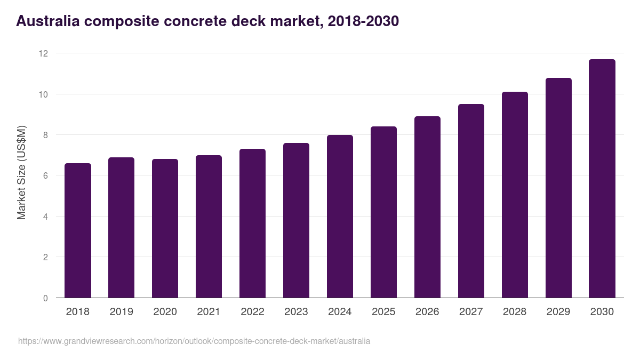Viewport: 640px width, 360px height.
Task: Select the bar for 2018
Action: point(78,230)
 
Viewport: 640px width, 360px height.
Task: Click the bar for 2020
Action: point(165,228)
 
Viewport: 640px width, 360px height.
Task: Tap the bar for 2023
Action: point(297,220)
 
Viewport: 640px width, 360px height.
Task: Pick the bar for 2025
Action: point(384,212)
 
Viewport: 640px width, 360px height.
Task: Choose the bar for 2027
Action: point(471,201)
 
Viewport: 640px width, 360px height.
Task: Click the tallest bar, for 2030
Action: point(602,179)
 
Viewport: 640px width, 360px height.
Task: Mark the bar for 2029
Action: point(558,188)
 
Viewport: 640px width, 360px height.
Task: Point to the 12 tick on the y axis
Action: point(43,53)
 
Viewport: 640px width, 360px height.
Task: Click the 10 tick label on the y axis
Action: point(43,94)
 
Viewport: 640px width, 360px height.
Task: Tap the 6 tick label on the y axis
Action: point(45,175)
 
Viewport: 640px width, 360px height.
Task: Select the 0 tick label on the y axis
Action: point(45,298)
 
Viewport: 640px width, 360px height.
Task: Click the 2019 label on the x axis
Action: point(122,312)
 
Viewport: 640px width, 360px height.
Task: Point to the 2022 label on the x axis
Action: point(253,312)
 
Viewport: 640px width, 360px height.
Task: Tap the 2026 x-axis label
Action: point(428,312)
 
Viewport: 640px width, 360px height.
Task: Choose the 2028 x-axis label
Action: point(515,312)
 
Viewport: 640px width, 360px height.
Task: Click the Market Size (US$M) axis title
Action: point(21,172)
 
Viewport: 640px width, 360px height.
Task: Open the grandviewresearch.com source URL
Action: point(194,341)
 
